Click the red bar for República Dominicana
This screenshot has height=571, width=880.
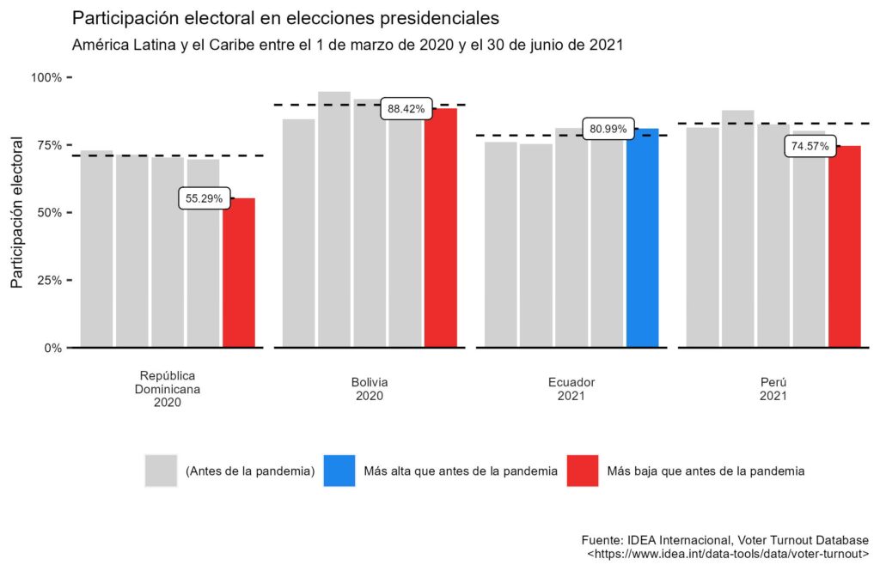(x=239, y=273)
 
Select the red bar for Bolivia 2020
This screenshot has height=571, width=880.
(x=441, y=228)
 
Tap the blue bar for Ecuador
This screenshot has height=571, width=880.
(x=643, y=238)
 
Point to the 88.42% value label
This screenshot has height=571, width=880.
(x=406, y=109)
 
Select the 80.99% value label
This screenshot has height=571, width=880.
(x=608, y=131)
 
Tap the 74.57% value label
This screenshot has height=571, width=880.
(x=810, y=147)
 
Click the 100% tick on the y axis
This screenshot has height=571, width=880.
(x=46, y=78)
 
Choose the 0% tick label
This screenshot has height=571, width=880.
(x=52, y=348)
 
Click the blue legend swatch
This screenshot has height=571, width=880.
(x=339, y=471)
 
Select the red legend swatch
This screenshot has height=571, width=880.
(x=583, y=471)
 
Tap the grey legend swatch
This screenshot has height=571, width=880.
(x=161, y=471)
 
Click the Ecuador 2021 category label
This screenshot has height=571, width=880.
(x=571, y=389)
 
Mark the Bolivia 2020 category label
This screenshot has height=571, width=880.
(x=370, y=389)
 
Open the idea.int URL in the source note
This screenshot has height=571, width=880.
(x=727, y=556)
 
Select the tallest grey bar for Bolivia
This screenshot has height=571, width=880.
(x=334, y=219)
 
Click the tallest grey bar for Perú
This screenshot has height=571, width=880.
(x=738, y=228)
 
